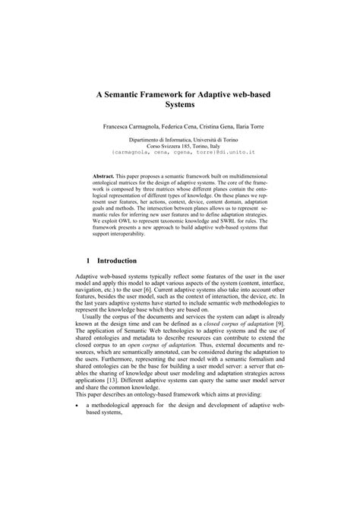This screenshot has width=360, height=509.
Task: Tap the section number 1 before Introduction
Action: [89, 259]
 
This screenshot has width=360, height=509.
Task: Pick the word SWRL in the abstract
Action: [234, 220]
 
